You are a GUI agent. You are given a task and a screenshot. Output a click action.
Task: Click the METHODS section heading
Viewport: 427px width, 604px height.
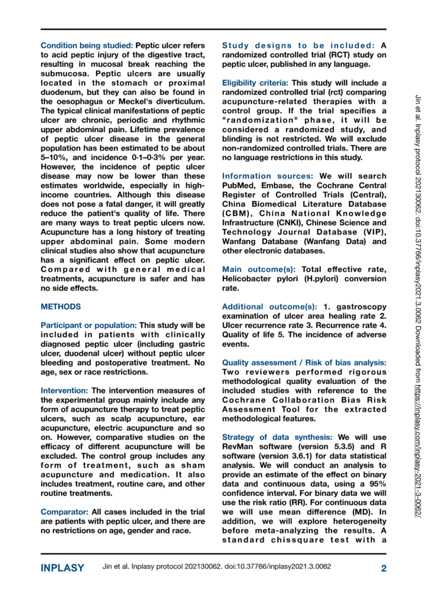(61, 307)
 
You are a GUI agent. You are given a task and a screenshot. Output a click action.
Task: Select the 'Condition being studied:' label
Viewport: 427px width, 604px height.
(87, 45)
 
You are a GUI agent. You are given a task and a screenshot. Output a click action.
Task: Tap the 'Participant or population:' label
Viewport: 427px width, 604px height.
(88, 325)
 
